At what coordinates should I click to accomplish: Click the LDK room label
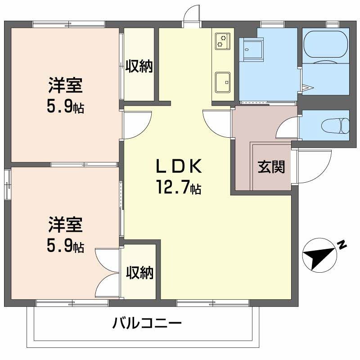[x=178, y=167]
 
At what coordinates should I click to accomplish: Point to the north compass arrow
[x=320, y=257]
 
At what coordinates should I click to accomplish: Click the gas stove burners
[x=222, y=40]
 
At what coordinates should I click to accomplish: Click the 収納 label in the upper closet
[x=139, y=67]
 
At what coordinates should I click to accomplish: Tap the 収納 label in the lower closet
[x=139, y=273]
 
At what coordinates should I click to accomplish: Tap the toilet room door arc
[x=287, y=128]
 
